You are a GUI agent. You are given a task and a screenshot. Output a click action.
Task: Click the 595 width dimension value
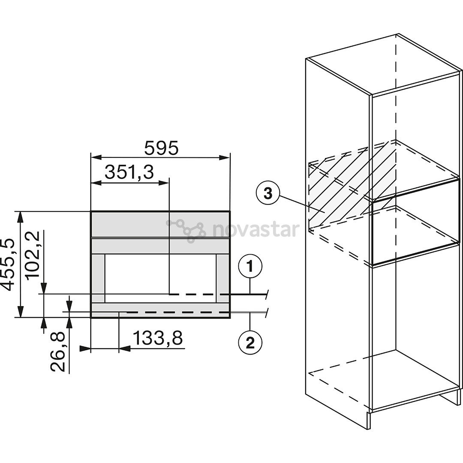[161, 148]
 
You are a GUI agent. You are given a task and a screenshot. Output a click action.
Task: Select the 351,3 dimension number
[129, 172]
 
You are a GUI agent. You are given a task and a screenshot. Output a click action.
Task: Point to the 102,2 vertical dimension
[33, 254]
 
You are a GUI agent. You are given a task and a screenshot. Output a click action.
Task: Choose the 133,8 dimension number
[158, 338]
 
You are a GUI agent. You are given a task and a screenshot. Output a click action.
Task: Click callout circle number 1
[250, 267]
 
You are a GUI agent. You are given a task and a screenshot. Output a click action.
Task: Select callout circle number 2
[250, 343]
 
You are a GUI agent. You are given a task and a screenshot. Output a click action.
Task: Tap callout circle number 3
[268, 194]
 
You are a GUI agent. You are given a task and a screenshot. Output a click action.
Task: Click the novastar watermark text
[256, 229]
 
